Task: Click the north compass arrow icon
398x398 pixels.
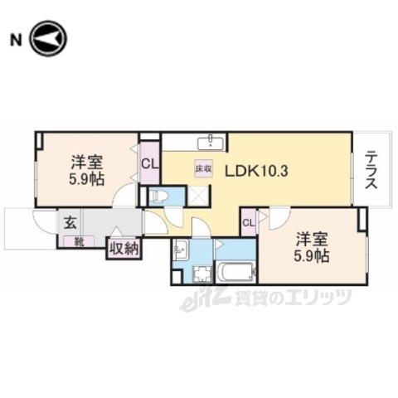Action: pos(48,38)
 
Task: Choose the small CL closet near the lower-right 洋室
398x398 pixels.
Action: pos(248,221)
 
